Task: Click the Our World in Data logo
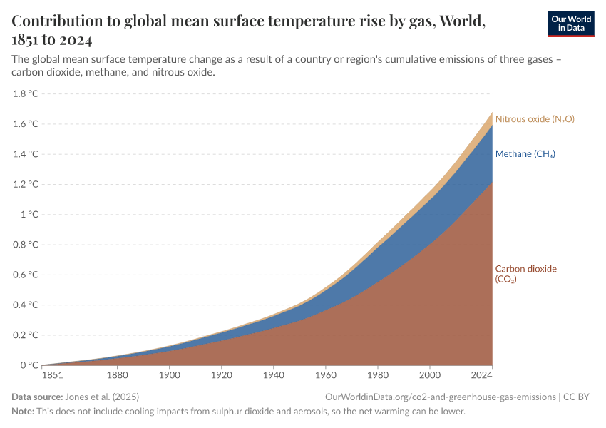(x=570, y=24)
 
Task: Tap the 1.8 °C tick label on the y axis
(x=26, y=93)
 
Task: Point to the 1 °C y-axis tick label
(x=29, y=214)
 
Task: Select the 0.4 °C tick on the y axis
(x=26, y=305)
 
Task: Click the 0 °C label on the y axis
(x=29, y=365)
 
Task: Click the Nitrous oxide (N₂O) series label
(x=535, y=119)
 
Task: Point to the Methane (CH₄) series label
(x=525, y=154)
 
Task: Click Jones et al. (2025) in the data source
(x=103, y=397)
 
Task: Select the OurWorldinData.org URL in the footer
(x=440, y=397)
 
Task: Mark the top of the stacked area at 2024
(x=492, y=112)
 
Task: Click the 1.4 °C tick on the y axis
(x=26, y=154)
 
